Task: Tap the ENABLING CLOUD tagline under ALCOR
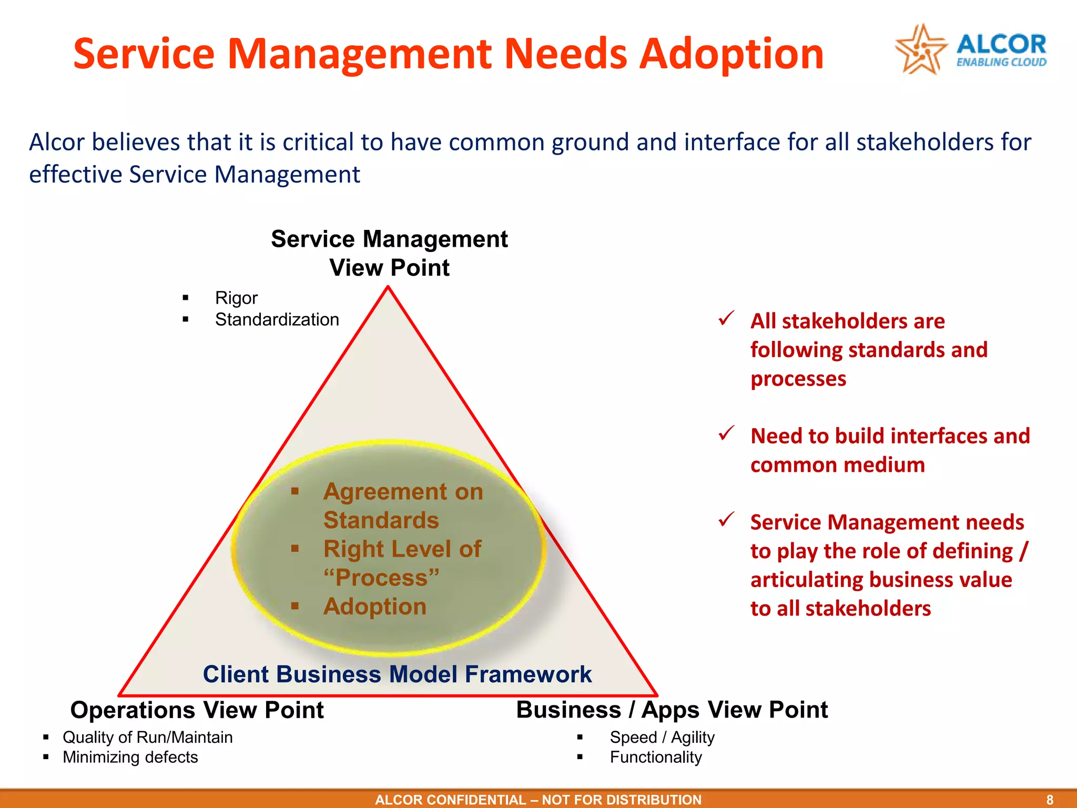coord(1001,63)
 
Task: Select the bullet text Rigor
coord(236,298)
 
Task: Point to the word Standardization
coord(277,320)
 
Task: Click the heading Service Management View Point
coord(389,253)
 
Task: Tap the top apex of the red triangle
coord(388,287)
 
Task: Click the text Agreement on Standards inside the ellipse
coord(402,506)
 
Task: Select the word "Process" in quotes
coord(381,578)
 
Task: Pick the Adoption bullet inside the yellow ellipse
coord(374,607)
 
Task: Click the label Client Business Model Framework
coord(397,674)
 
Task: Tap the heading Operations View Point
coord(197,710)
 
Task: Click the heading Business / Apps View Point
coord(672,710)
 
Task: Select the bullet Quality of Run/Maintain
coord(147,738)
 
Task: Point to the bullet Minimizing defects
coord(130,757)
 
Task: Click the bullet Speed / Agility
coord(662,738)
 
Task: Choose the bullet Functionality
coord(655,757)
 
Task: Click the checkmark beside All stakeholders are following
coord(726,318)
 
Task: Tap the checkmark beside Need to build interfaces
coord(726,433)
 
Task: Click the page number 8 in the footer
coord(1049,800)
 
